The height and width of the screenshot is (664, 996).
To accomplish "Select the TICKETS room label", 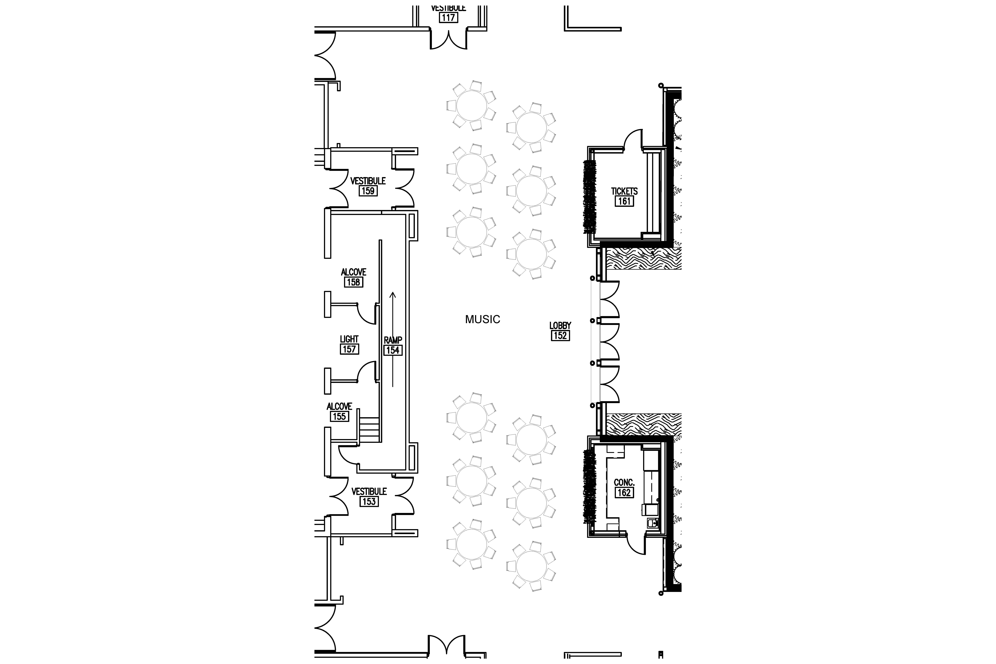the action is pyautogui.click(x=624, y=191).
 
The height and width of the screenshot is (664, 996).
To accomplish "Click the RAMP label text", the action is pyautogui.click(x=393, y=340).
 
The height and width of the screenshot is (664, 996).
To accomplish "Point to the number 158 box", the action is pyautogui.click(x=354, y=282).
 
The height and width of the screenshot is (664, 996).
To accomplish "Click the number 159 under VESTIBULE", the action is pyautogui.click(x=368, y=191).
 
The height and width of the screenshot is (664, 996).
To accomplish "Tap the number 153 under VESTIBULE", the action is pyautogui.click(x=369, y=502).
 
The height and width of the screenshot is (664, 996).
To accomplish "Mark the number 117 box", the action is pyautogui.click(x=448, y=18).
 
